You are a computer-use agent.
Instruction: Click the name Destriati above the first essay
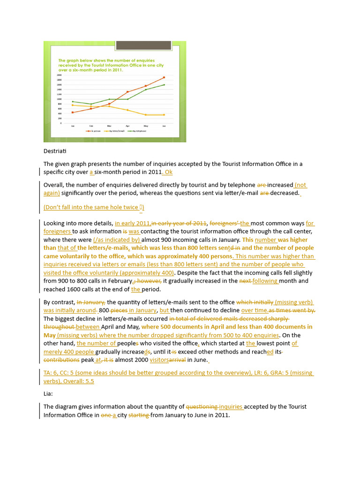coord(56,150)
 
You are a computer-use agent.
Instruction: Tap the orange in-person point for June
coord(164,77)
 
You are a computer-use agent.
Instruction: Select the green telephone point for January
coord(73,101)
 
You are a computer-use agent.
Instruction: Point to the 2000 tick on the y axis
coord(59,75)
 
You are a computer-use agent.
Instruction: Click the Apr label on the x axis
coord(127,126)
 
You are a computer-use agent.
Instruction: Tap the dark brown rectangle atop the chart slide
coord(137,45)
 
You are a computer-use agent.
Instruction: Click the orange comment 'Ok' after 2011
coord(168,172)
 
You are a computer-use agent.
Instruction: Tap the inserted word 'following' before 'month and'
coord(265,281)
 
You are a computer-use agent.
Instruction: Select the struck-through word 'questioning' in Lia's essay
coord(202,406)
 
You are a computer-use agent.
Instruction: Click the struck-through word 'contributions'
coord(62,360)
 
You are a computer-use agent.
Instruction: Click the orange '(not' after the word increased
coord(300,185)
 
